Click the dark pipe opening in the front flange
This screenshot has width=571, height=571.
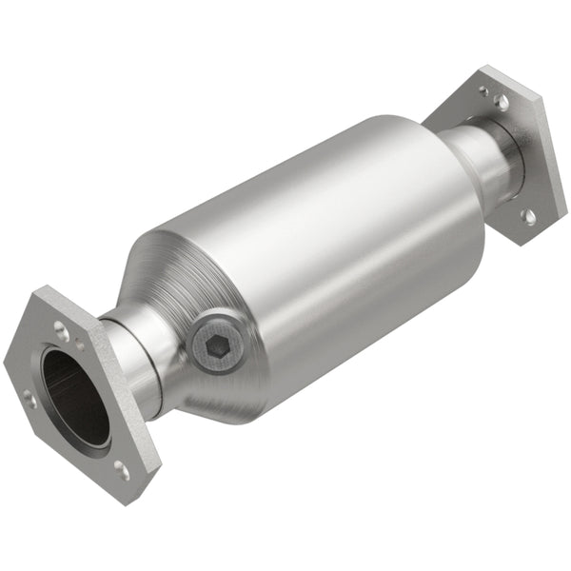coord(74,395)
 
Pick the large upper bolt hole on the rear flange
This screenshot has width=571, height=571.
coord(501,100)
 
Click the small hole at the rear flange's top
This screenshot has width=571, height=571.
coord(483,91)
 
